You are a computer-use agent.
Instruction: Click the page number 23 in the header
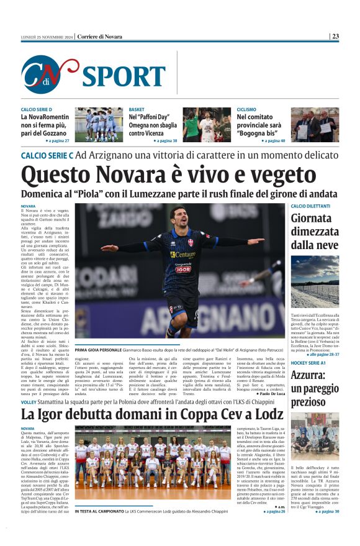click(335, 37)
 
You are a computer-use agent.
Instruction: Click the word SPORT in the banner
click(124, 76)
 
